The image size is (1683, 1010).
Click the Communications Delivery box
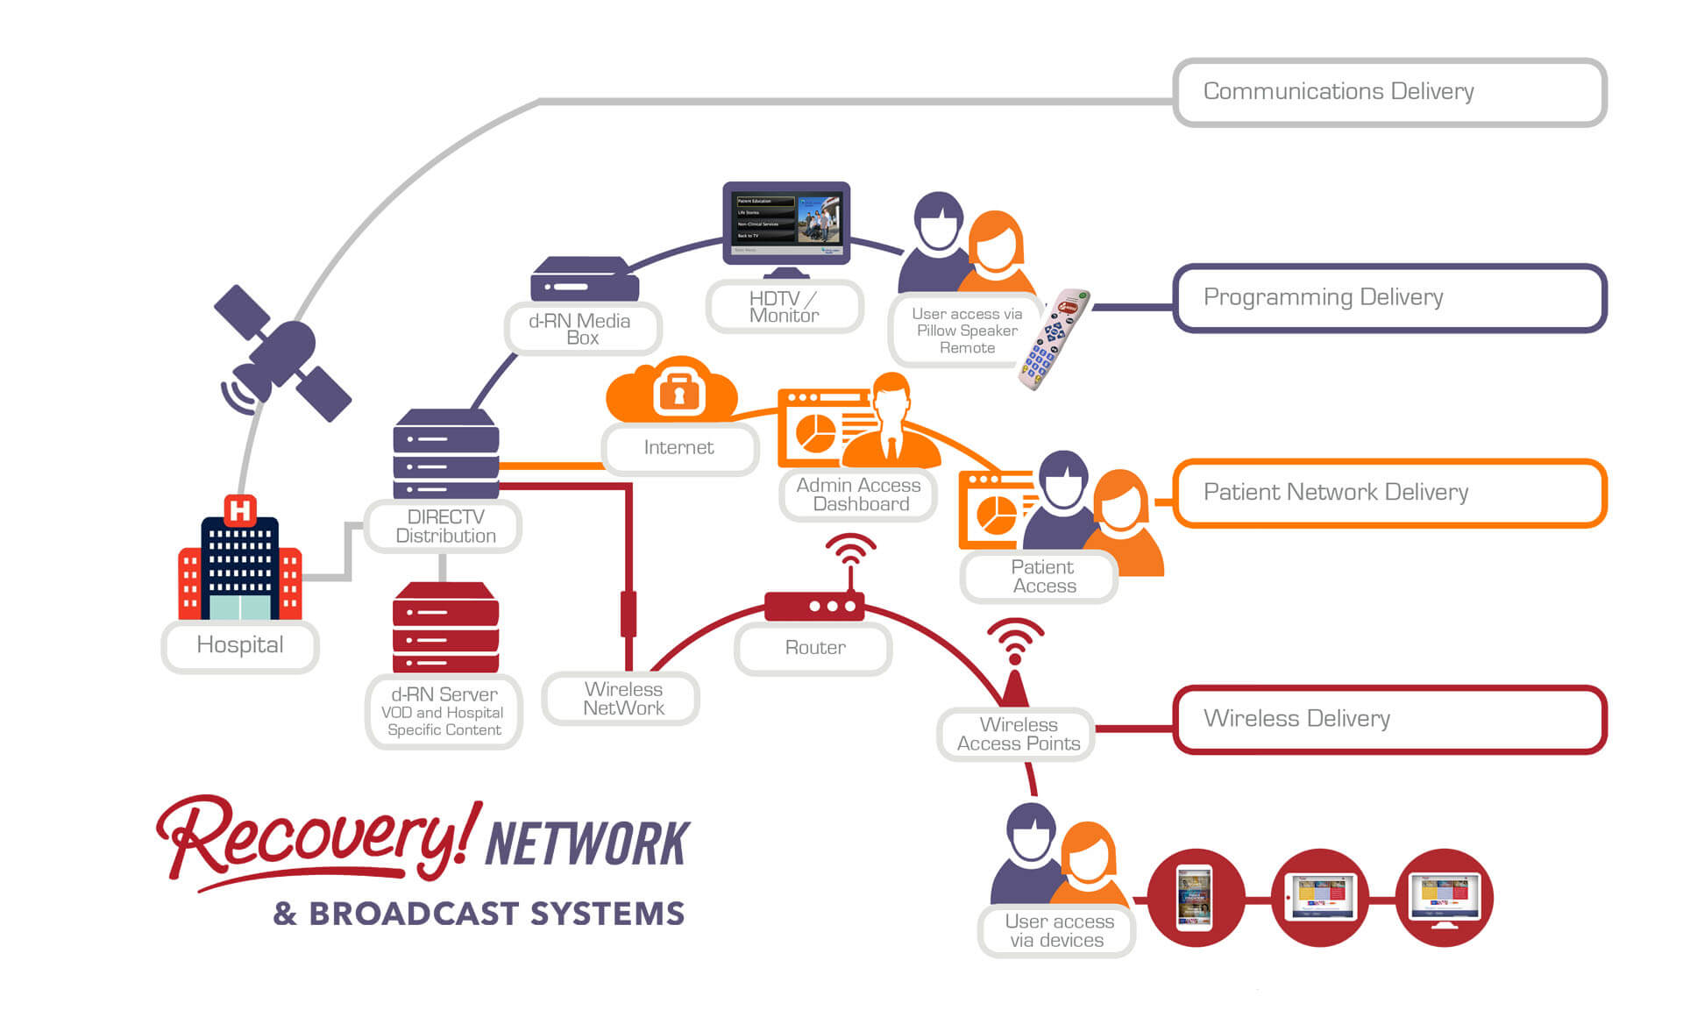[x=1389, y=92]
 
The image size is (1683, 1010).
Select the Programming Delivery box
[x=1389, y=298]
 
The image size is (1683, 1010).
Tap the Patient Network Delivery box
[x=1389, y=493]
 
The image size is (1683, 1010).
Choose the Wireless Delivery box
[x=1389, y=719]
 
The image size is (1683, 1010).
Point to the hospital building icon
[x=239, y=565]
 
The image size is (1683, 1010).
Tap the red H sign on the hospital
[x=239, y=509]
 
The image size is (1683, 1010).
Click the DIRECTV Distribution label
[x=444, y=527]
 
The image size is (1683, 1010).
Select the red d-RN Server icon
[x=445, y=627]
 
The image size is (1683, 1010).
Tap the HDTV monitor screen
[x=786, y=219]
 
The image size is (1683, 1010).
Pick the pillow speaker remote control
[x=1053, y=338]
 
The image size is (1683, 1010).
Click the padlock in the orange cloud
[x=678, y=392]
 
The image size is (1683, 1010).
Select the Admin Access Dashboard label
[x=859, y=494]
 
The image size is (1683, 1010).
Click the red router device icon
[x=814, y=606]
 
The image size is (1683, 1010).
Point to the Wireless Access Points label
[x=1017, y=735]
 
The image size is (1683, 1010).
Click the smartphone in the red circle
[x=1195, y=898]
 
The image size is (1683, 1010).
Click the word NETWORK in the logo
[x=587, y=844]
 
